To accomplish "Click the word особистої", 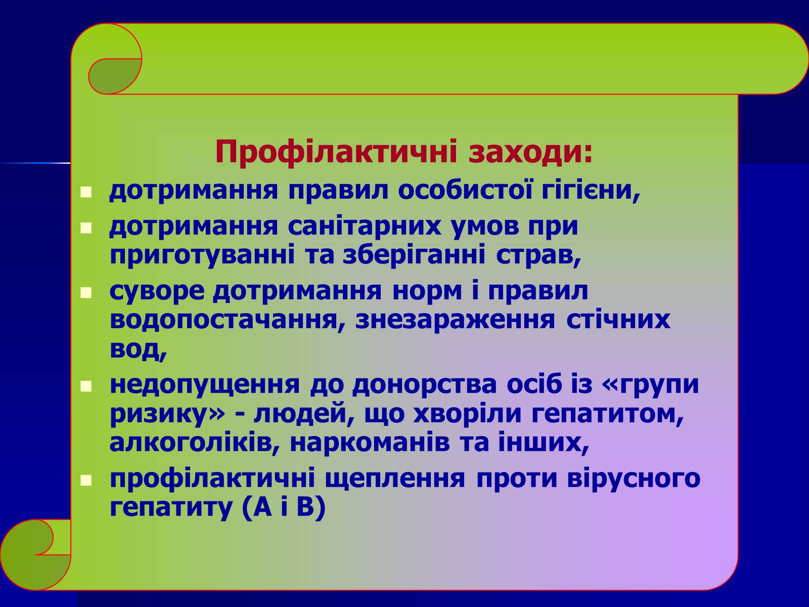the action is [466, 190].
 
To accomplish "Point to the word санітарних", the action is [364, 226].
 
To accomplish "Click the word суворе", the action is [157, 291].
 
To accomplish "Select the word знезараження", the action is [455, 320].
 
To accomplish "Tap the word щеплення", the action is [395, 479].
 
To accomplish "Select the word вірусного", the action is [634, 479].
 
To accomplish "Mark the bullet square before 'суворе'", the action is [86, 293].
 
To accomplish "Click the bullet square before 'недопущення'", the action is [86, 386].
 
